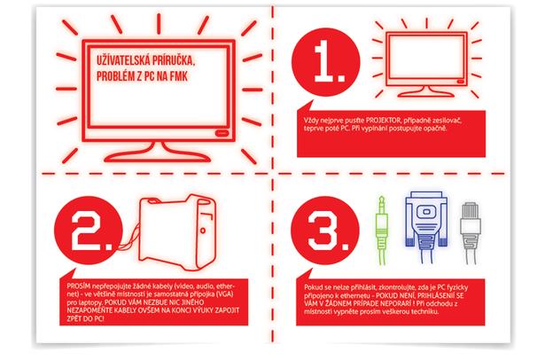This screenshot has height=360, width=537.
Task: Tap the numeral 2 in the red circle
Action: pyautogui.click(x=90, y=231)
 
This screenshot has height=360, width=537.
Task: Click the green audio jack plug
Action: pyautogui.click(x=382, y=230)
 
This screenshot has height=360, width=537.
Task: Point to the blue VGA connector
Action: pyautogui.click(x=426, y=226)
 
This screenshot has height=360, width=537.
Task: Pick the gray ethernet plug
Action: pyautogui.click(x=471, y=233)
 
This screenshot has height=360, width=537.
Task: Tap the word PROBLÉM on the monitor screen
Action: pyautogui.click(x=115, y=76)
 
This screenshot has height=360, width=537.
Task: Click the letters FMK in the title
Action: pyautogui.click(x=179, y=76)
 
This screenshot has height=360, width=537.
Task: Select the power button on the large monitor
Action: pyautogui.click(x=222, y=132)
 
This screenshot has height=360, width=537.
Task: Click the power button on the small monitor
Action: pyautogui.click(x=461, y=82)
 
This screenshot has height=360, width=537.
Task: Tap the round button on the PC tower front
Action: pyautogui.click(x=203, y=231)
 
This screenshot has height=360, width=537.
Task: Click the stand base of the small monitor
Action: pyautogui.click(x=426, y=92)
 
